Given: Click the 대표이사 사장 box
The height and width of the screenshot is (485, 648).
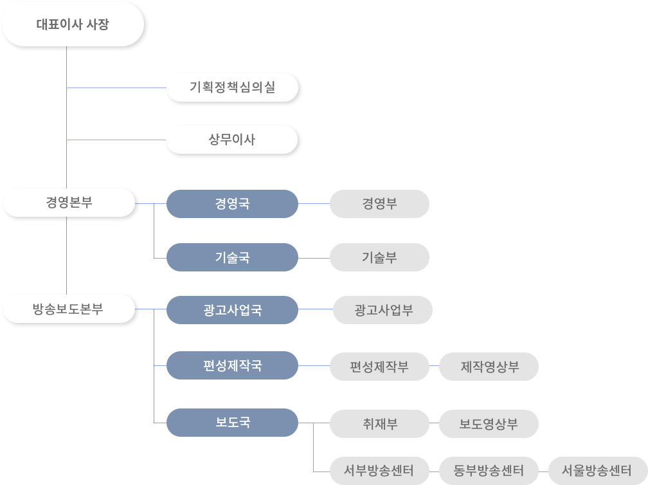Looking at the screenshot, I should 73,25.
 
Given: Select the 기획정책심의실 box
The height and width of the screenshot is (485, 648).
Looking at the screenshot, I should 233,87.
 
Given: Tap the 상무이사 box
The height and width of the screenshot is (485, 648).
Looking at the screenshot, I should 232,140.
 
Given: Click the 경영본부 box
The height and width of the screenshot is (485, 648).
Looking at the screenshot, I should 69,203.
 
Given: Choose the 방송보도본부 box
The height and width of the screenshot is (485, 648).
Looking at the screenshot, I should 69,309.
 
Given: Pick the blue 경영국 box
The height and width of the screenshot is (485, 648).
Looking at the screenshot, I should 232,204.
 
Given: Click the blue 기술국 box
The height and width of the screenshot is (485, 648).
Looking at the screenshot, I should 232,257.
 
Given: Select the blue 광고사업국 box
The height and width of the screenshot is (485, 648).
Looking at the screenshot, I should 232,310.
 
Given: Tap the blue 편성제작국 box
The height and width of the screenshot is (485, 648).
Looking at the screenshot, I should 232,366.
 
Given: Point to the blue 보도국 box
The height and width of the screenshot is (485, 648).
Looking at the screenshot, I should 232,423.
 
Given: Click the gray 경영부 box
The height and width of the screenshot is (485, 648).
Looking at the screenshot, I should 379,204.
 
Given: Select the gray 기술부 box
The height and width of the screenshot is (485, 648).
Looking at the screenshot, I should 379,257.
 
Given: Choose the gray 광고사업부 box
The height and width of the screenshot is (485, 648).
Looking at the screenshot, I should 383,310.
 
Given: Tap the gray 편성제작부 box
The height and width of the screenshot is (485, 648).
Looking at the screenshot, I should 379,367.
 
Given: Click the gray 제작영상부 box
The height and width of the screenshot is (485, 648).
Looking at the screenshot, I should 489,367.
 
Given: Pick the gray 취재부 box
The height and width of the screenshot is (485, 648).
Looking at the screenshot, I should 379,424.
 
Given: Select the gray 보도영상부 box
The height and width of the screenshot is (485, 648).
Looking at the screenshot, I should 489,424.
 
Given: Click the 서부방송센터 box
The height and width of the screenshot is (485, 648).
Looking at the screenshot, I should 379,470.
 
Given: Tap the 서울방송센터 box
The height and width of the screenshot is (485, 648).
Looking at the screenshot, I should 598,470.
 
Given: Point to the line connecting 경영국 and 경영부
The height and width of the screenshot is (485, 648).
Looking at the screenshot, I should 314,204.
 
